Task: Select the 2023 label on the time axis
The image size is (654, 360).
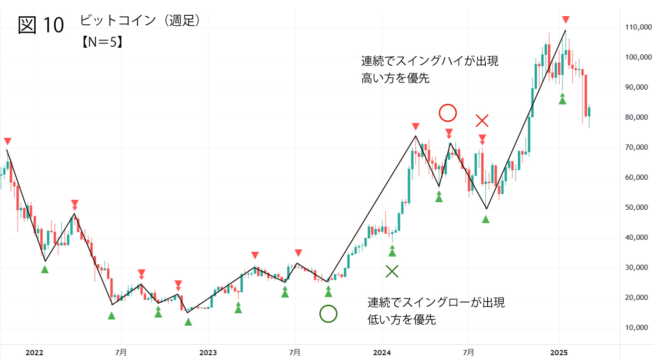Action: (208, 353)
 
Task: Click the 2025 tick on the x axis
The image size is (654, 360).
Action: (558, 353)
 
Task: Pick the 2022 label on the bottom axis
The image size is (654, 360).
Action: (34, 353)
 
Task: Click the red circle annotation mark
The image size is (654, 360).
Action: (448, 113)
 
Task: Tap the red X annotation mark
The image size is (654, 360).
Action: (482, 121)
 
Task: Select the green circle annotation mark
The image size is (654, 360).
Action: (328, 314)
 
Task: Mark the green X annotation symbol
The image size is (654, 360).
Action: (392, 272)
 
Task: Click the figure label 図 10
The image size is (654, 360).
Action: (41, 25)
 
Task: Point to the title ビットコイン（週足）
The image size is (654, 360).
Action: (139, 21)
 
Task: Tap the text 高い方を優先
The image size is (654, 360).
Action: (395, 79)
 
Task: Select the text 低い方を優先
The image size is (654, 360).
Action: (402, 319)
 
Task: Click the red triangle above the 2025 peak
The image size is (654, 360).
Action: (565, 20)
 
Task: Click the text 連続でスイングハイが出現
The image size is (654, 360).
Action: (429, 62)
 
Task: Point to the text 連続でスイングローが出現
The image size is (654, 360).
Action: (436, 302)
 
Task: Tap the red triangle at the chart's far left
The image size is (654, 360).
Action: (7, 141)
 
